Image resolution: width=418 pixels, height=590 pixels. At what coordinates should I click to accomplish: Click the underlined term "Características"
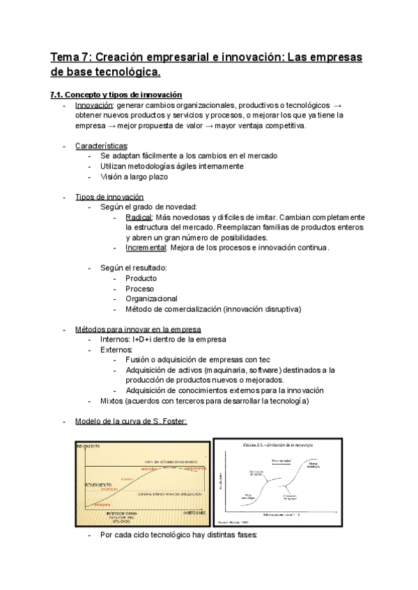tap(102, 146)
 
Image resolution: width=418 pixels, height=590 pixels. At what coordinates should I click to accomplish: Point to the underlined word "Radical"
tap(139, 217)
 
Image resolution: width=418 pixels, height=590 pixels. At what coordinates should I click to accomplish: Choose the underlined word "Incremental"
tap(146, 248)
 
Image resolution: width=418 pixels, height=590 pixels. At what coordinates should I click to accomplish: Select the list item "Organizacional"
tap(151, 298)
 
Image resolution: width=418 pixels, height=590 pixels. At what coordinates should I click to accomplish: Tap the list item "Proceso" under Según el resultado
tap(140, 289)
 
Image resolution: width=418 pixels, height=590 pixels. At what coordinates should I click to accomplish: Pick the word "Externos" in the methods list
tap(116, 350)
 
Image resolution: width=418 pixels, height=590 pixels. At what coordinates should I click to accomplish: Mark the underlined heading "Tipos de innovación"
tap(109, 197)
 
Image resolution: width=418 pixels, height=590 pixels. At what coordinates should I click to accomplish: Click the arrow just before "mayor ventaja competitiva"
tap(234, 126)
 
